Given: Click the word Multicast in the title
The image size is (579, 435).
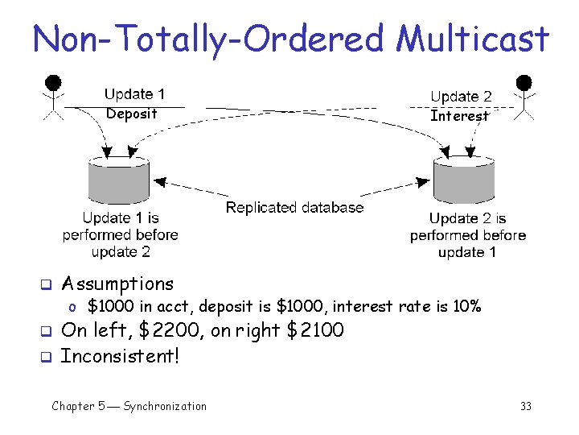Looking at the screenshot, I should [474, 39].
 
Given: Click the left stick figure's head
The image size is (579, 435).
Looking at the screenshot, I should [53, 82].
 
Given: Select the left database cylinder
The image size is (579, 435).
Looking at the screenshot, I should [118, 180].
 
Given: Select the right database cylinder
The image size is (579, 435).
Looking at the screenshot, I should [464, 180].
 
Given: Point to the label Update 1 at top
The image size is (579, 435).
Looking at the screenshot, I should [134, 94].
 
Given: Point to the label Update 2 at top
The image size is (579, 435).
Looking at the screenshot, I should [461, 97].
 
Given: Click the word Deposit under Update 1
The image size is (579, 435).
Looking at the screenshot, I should [132, 114].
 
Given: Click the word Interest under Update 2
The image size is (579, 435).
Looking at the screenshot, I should [459, 116].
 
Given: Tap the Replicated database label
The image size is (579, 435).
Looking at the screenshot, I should [294, 208].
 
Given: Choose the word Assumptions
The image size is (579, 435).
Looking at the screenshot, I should [117, 284].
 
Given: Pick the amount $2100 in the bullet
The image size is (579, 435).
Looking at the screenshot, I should [314, 330].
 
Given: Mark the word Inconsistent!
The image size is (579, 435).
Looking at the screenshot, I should [120, 355].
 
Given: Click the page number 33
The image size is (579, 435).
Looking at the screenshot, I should [526, 406].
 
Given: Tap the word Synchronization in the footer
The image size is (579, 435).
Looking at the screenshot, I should [165, 406].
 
